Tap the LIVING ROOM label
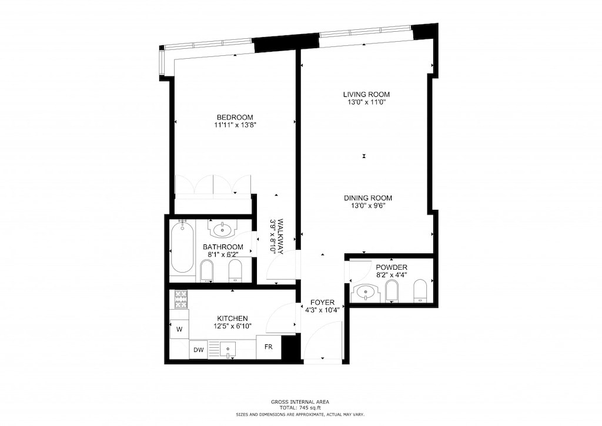tap(366, 94)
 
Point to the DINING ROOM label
tap(367, 198)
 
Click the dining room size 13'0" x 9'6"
tap(367, 206)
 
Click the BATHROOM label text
tap(223, 247)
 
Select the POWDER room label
tap(392, 267)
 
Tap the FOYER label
tap(322, 302)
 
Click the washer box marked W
tap(179, 330)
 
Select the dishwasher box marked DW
tap(198, 350)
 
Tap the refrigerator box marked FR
tap(269, 347)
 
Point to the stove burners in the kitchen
tap(180, 300)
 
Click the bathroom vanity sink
tap(223, 229)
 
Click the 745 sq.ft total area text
tap(300, 408)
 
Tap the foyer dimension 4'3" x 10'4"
tap(322, 310)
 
